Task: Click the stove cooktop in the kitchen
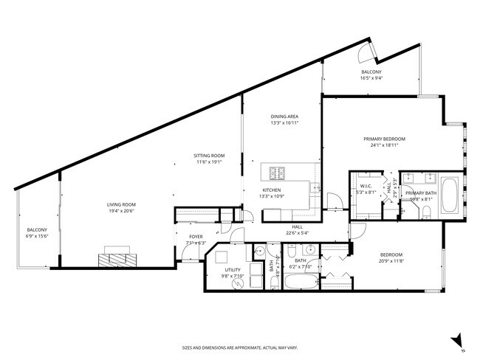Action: pyautogui.click(x=277, y=173)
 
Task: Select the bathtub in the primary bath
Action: pyautogui.click(x=450, y=195)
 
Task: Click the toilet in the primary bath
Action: pyautogui.click(x=428, y=213)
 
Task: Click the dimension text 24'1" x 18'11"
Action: pyautogui.click(x=384, y=145)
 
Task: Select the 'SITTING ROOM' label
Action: pyautogui.click(x=208, y=156)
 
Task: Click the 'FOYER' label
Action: pyautogui.click(x=195, y=236)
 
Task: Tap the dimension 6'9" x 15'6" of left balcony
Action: pyautogui.click(x=37, y=235)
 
